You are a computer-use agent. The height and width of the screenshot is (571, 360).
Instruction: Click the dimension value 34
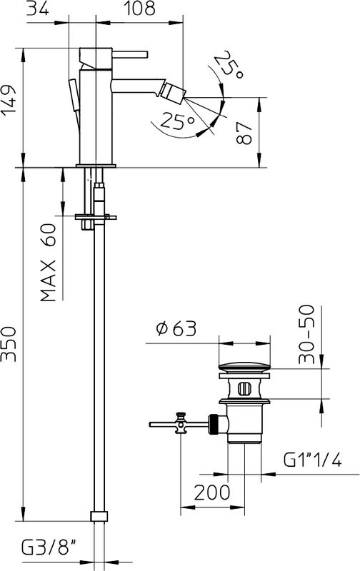(37, 9)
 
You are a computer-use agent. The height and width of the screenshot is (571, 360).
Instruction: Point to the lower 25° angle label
(177, 123)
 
